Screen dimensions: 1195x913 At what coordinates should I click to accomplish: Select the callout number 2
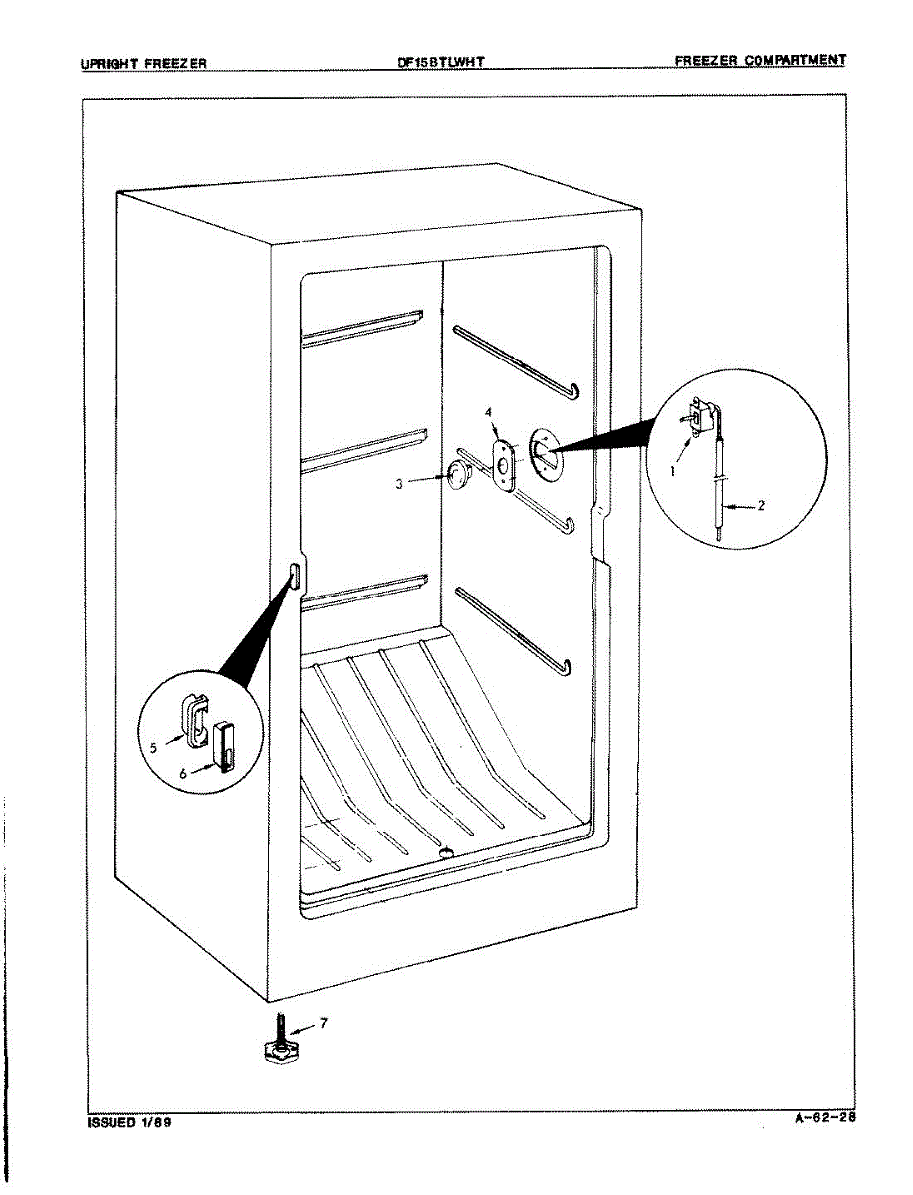click(761, 506)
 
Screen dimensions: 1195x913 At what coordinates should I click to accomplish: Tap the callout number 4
click(489, 411)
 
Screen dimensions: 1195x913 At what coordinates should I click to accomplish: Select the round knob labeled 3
click(457, 476)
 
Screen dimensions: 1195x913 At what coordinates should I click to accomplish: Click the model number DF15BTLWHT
click(440, 62)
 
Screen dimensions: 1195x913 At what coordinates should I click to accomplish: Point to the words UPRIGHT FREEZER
click(143, 63)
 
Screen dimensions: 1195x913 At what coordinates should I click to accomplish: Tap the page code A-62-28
click(824, 1117)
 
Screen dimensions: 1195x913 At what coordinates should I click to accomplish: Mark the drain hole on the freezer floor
click(445, 852)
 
